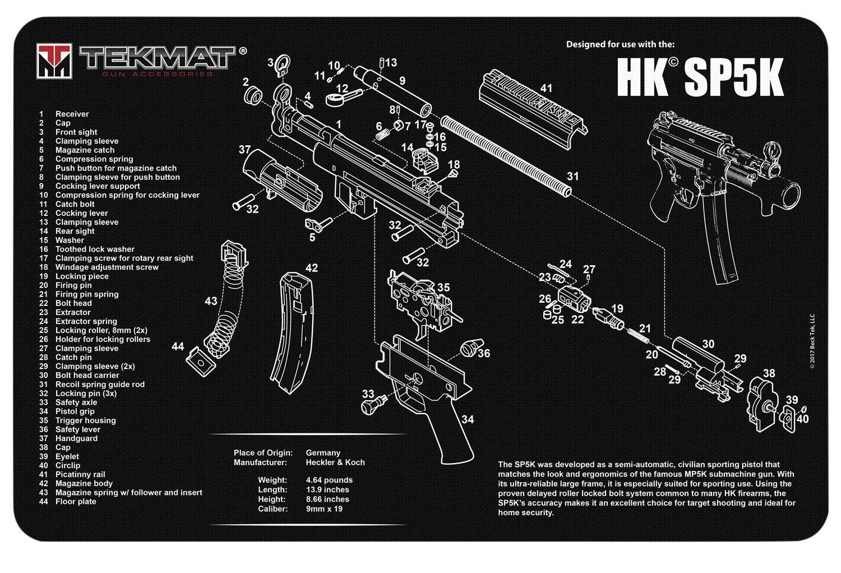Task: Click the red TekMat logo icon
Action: pyautogui.click(x=54, y=60)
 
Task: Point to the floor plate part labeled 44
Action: pyautogui.click(x=201, y=361)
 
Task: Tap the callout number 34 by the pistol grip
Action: pyautogui.click(x=468, y=419)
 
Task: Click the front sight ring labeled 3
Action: pyautogui.click(x=282, y=64)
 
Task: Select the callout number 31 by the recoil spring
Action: pyautogui.click(x=572, y=176)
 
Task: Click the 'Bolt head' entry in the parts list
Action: pyautogui.click(x=73, y=303)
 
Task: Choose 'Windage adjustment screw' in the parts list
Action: pyautogui.click(x=107, y=267)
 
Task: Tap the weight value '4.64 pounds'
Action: pyautogui.click(x=329, y=480)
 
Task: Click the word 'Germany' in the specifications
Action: pyautogui.click(x=323, y=452)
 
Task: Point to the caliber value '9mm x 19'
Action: pyautogui.click(x=324, y=509)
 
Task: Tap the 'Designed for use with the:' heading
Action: pyautogui.click(x=620, y=44)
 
